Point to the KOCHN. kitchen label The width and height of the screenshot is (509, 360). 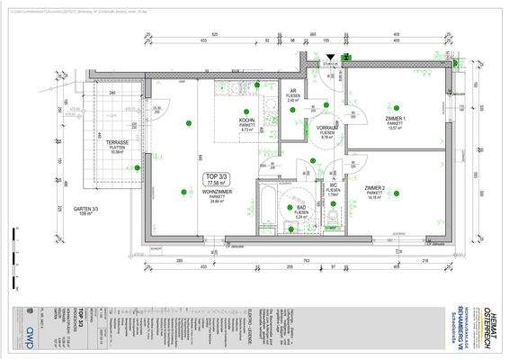point(222,121)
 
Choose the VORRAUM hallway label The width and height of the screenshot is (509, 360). point(326,130)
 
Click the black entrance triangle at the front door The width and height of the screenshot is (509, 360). point(330,56)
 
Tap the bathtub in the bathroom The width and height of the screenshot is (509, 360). point(267,210)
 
